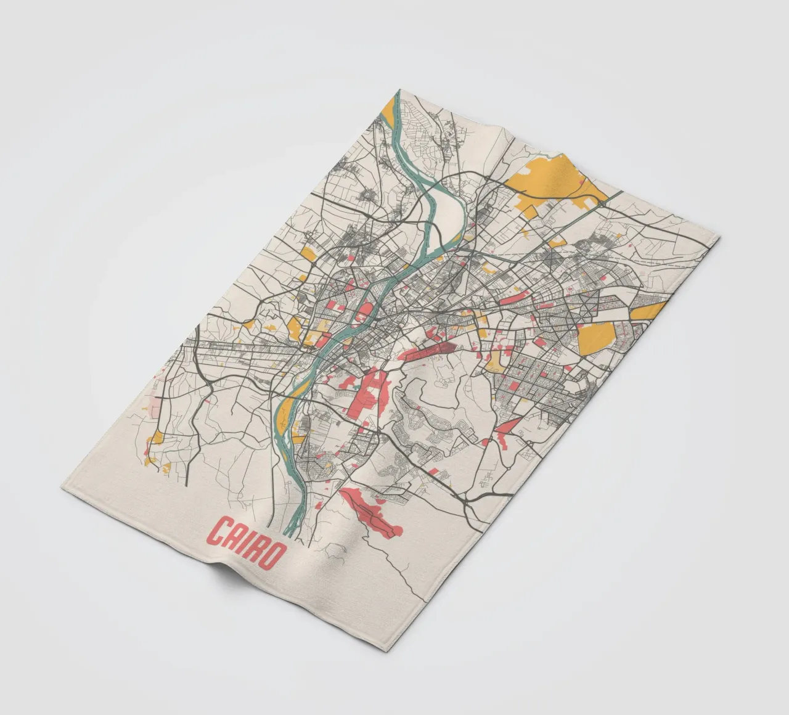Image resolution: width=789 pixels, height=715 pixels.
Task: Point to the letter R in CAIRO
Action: tap(256, 548)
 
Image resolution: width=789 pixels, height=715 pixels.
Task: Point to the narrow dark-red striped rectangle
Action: tap(431, 351)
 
